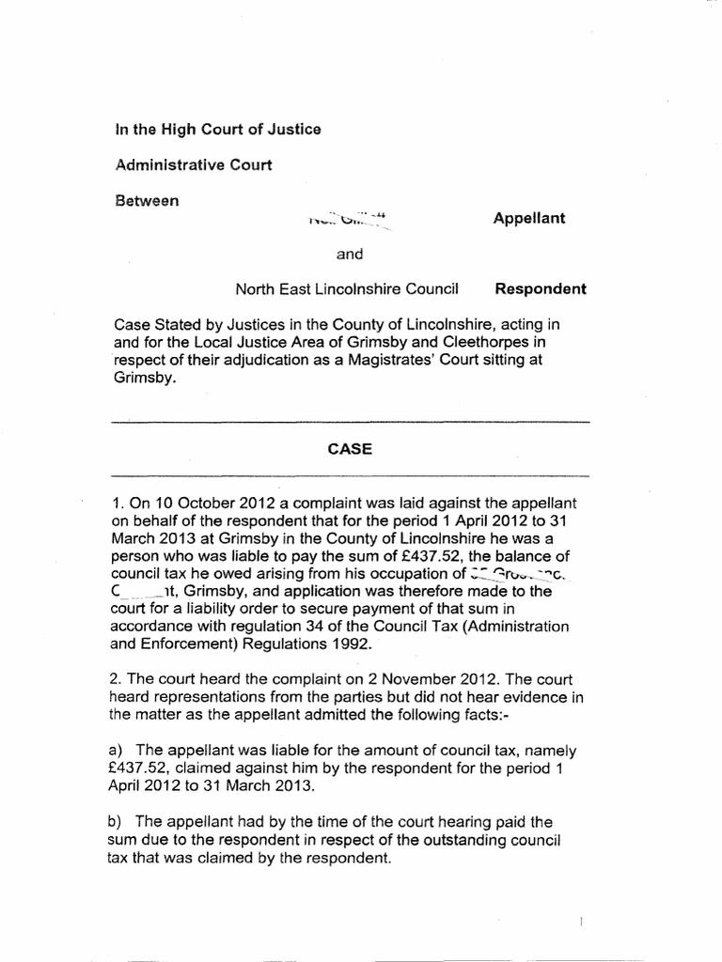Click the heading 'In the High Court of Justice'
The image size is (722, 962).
pyautogui.click(x=217, y=129)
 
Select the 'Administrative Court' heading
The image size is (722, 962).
pyautogui.click(x=193, y=165)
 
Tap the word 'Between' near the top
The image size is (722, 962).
pyautogui.click(x=146, y=201)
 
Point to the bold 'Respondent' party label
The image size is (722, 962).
pyautogui.click(x=541, y=289)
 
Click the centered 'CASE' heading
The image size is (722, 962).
pyautogui.click(x=350, y=449)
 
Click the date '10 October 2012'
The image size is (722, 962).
pyautogui.click(x=200, y=506)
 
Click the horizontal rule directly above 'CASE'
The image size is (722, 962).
pyautogui.click(x=350, y=423)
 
